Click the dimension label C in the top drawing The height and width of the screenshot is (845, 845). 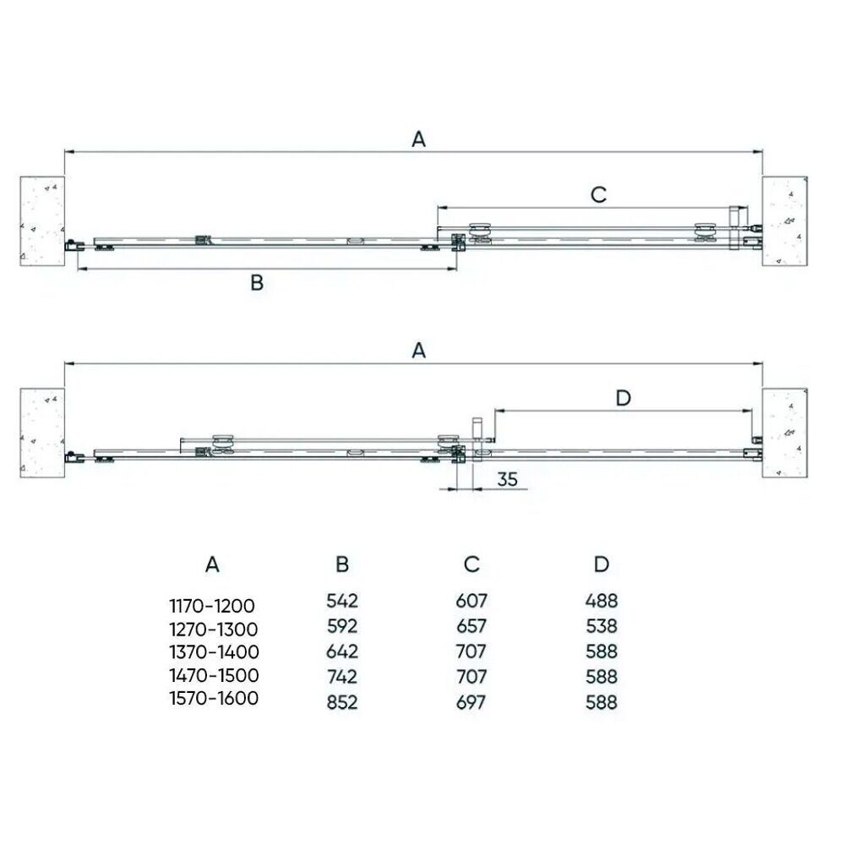coord(599,194)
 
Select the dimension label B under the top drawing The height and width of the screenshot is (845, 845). coord(257,282)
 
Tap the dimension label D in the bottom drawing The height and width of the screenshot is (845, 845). coord(623,398)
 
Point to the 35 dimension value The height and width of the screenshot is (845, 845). coord(507,479)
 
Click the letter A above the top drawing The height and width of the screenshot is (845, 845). coord(419,139)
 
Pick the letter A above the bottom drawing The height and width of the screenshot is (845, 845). coord(419,351)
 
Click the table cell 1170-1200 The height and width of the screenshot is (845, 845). coord(212,606)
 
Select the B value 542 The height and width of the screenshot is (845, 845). coord(342,600)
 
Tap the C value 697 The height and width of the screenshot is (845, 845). coord(471,702)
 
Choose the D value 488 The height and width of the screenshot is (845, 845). coord(602,600)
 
